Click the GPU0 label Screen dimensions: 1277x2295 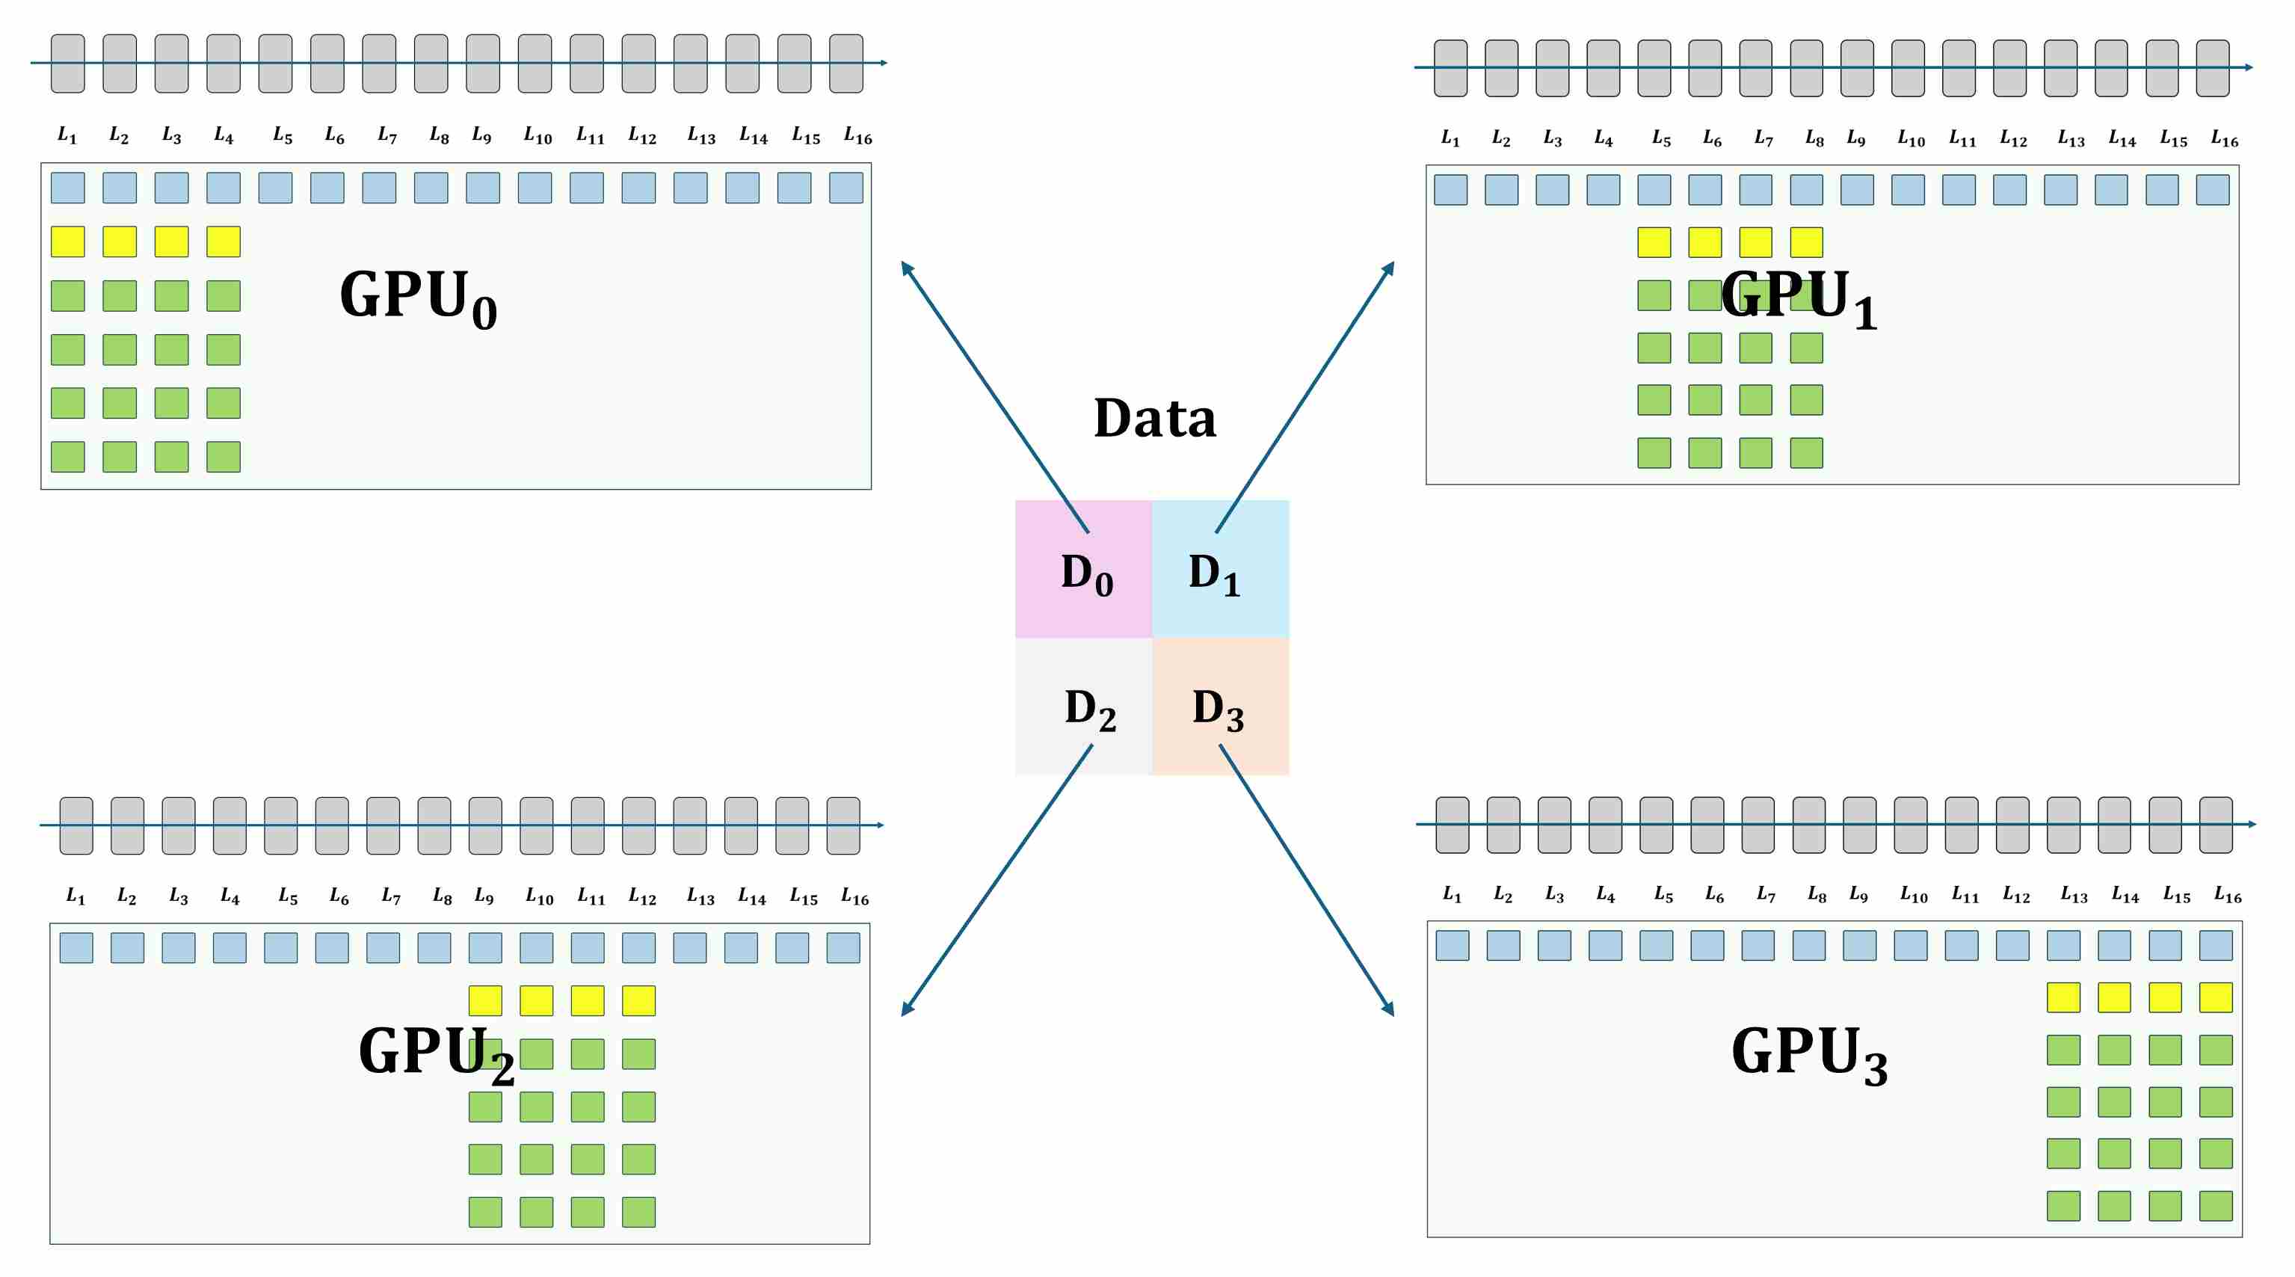click(418, 298)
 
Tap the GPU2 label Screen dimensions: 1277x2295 click(437, 1053)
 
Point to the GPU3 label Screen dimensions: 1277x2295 click(1808, 1053)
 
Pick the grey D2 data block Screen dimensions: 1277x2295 click(1083, 707)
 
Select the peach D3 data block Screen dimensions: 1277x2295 click(1221, 707)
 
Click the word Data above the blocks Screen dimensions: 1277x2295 click(1155, 418)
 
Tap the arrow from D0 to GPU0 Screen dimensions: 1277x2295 click(994, 396)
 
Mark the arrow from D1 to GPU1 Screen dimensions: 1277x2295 click(1305, 396)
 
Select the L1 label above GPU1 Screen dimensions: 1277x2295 click(1450, 138)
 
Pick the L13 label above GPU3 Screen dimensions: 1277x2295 click(2073, 895)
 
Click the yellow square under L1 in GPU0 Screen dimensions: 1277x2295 click(68, 241)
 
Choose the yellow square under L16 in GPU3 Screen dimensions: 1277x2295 click(2216, 997)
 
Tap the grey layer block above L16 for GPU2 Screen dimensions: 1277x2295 click(842, 825)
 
